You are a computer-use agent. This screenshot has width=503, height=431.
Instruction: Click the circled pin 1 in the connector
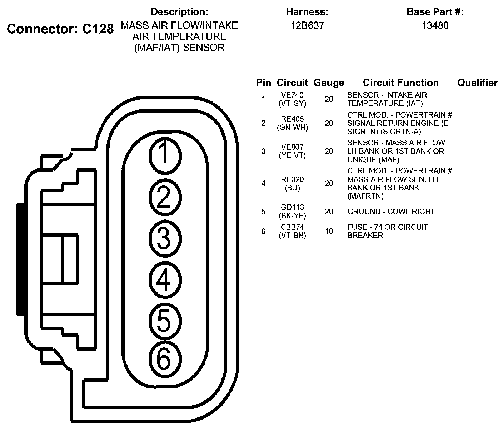(164, 155)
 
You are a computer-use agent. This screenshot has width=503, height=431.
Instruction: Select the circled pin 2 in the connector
(164, 197)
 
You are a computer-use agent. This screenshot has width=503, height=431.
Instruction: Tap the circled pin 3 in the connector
(164, 238)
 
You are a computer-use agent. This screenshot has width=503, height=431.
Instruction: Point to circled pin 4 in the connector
(164, 280)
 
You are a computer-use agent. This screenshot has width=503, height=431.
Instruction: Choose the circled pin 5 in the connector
(164, 321)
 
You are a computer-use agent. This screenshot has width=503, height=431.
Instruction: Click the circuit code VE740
(292, 95)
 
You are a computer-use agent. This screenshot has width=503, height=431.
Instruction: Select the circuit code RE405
(292, 119)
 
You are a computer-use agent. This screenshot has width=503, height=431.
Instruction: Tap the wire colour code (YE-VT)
(292, 155)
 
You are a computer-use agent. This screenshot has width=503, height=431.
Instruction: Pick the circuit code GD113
(292, 208)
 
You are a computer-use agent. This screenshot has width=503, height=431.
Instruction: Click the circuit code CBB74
(292, 227)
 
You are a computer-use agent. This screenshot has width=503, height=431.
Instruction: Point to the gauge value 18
(329, 231)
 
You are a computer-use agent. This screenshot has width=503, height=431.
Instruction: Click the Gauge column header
(329, 83)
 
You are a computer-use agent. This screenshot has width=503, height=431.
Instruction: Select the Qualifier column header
(477, 83)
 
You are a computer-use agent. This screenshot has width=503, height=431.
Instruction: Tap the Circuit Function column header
(400, 83)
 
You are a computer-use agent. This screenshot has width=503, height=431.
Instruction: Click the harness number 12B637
(307, 26)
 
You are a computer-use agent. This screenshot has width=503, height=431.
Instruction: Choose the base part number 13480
(435, 26)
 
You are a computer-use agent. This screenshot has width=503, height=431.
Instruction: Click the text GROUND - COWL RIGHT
(391, 212)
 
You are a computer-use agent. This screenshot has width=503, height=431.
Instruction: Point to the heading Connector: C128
(60, 29)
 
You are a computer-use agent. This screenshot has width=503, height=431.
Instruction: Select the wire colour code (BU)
(292, 188)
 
